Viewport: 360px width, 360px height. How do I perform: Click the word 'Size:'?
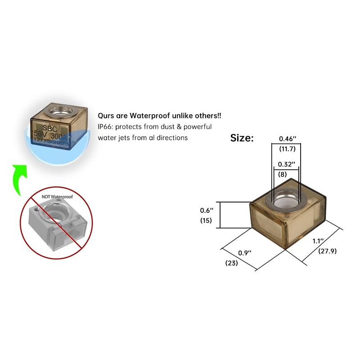pos(242,138)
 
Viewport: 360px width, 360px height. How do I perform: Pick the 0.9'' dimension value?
pos(244,253)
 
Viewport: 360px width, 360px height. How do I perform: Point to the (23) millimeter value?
pos(231,263)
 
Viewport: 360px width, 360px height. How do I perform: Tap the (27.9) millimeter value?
pos(327,251)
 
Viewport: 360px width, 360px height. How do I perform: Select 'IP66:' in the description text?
pos(106,127)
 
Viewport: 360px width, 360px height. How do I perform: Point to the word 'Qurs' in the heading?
pos(106,116)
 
